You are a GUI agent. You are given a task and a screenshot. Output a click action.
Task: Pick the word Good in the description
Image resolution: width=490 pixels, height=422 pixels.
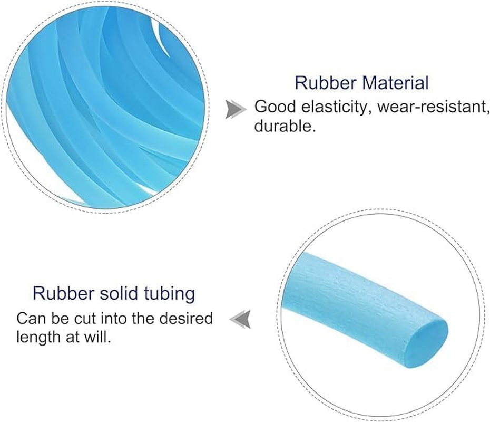[x=273, y=107]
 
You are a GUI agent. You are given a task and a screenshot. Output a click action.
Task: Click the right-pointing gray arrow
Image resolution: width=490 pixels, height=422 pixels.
[x=235, y=109]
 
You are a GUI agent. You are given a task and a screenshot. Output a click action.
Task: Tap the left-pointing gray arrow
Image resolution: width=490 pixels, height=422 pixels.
[x=240, y=319]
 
